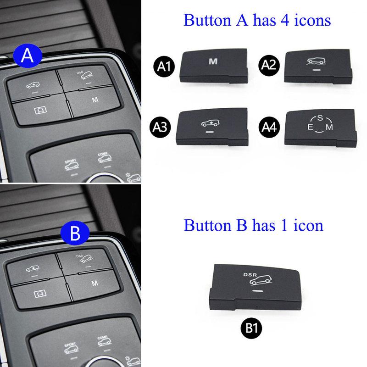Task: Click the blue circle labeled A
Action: coord(28,56)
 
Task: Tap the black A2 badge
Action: coord(269,66)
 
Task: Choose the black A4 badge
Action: coord(269,125)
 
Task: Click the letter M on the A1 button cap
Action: coord(212,61)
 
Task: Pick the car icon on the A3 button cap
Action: coord(211,123)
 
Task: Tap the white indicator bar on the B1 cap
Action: coord(258,290)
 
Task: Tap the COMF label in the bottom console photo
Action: coord(102,338)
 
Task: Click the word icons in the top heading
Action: coord(310,20)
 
